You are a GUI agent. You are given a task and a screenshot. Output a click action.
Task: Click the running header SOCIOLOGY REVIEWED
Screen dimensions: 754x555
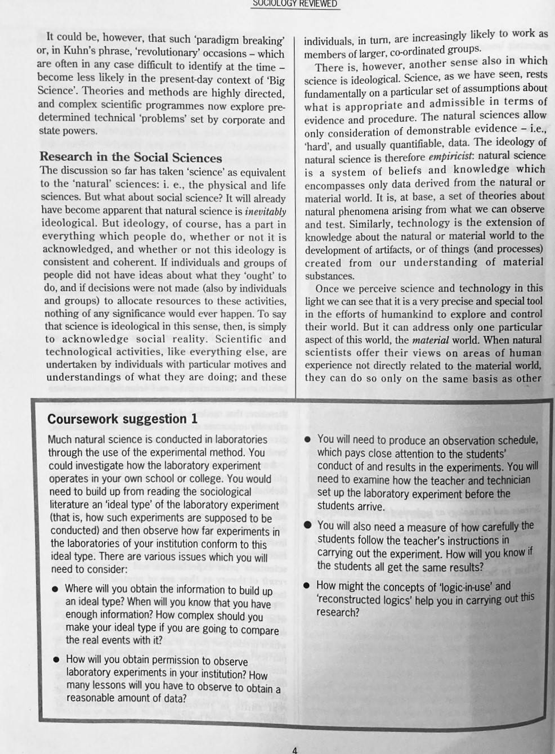pos(295,3)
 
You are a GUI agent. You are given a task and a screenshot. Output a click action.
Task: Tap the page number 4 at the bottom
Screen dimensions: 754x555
pos(295,749)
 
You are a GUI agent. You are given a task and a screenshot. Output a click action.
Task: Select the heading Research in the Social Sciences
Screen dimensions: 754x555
pos(131,158)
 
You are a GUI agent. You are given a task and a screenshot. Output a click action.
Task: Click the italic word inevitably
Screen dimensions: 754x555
pos(265,212)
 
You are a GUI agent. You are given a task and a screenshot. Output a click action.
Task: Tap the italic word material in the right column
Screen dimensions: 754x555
pos(430,340)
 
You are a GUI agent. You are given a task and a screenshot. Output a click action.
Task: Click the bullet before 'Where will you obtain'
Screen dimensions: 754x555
pos(55,590)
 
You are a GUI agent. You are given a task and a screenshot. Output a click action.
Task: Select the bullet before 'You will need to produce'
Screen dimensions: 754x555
pos(307,440)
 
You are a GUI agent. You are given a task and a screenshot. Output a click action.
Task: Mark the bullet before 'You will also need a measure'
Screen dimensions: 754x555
pos(307,525)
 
